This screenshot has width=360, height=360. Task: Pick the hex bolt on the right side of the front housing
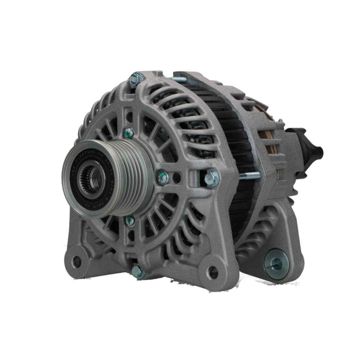click(x=211, y=179)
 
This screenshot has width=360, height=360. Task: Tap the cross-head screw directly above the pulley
click(x=129, y=133)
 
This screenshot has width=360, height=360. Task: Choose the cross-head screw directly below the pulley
click(x=130, y=220)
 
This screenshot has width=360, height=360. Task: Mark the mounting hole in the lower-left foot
click(x=76, y=262)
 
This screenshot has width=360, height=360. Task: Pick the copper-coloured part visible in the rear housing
click(x=265, y=140)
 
